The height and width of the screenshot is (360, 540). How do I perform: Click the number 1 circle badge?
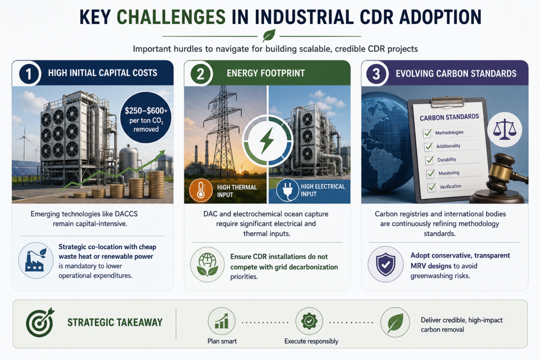tap(29, 73)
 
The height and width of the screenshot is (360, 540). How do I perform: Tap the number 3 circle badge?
tap(376, 73)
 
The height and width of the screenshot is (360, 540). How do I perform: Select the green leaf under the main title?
tap(269, 35)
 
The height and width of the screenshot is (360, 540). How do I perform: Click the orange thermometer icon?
tap(200, 190)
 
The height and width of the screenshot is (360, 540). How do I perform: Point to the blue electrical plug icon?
tap(288, 190)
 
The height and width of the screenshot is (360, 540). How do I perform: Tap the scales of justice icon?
tap(504, 130)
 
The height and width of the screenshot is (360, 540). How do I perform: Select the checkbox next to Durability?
tap(429, 160)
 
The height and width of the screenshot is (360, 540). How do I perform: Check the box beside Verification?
tap(432, 188)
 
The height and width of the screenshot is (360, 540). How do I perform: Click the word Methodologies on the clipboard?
tap(449, 132)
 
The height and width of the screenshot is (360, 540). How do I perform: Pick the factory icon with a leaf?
tap(36, 261)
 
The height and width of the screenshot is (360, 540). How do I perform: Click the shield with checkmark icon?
tap(386, 264)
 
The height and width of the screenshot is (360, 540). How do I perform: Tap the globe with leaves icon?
tap(207, 265)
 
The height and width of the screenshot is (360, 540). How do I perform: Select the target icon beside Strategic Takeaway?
tap(40, 322)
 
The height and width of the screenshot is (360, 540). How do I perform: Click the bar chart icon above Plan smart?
tap(221, 321)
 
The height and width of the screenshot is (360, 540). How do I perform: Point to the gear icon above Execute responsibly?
tap(309, 321)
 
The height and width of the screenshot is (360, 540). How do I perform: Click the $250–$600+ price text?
tap(146, 111)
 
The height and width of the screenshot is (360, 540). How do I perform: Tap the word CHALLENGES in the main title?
tap(171, 17)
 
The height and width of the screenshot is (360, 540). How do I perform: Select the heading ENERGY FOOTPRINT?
tap(265, 73)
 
